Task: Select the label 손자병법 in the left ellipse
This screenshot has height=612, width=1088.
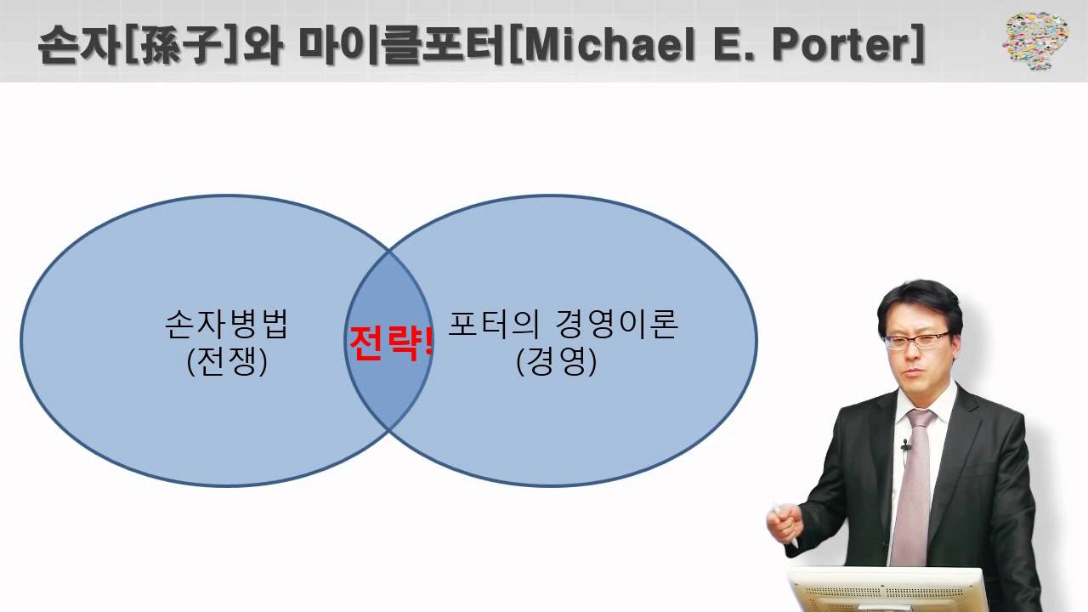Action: [x=227, y=325]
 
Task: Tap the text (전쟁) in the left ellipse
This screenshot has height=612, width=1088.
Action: [x=227, y=362]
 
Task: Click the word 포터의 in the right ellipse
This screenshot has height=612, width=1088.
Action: [x=489, y=325]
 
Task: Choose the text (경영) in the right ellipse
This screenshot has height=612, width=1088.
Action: [x=556, y=362]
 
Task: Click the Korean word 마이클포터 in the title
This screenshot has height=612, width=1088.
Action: [x=403, y=46]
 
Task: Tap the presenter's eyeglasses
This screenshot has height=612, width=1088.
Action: [x=916, y=340]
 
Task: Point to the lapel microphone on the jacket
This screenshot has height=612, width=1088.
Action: [x=906, y=444]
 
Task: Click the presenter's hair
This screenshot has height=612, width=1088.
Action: [x=918, y=302]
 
